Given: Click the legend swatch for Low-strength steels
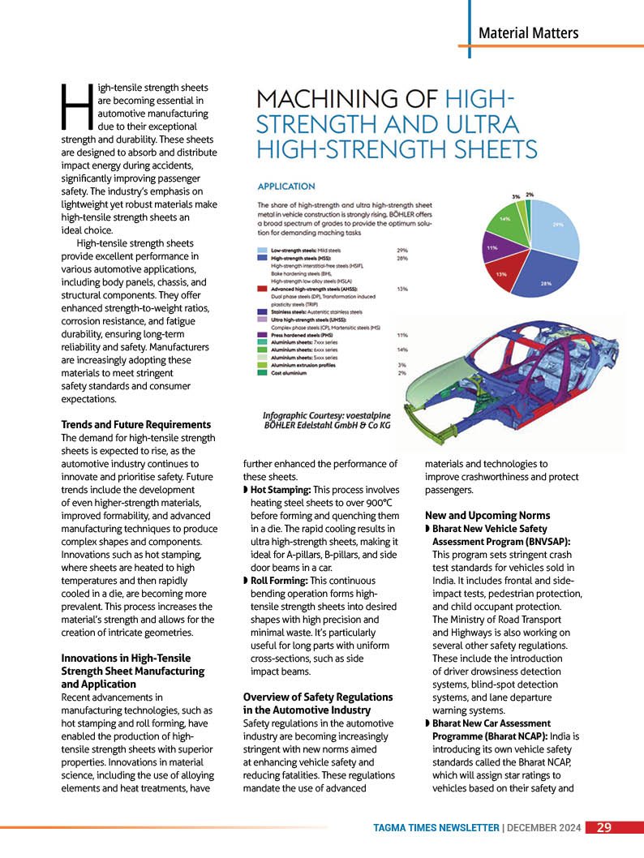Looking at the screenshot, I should [x=262, y=251].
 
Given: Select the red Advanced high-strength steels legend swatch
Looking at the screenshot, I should [x=262, y=288].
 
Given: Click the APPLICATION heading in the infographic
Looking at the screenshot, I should [x=286, y=186].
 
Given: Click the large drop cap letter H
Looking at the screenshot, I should [x=74, y=107].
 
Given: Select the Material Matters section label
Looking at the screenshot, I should [x=528, y=33].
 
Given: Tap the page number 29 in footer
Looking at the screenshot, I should [x=604, y=828].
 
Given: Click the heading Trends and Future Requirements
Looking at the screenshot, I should [x=136, y=425].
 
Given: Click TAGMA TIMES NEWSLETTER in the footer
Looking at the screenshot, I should [x=436, y=828].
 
